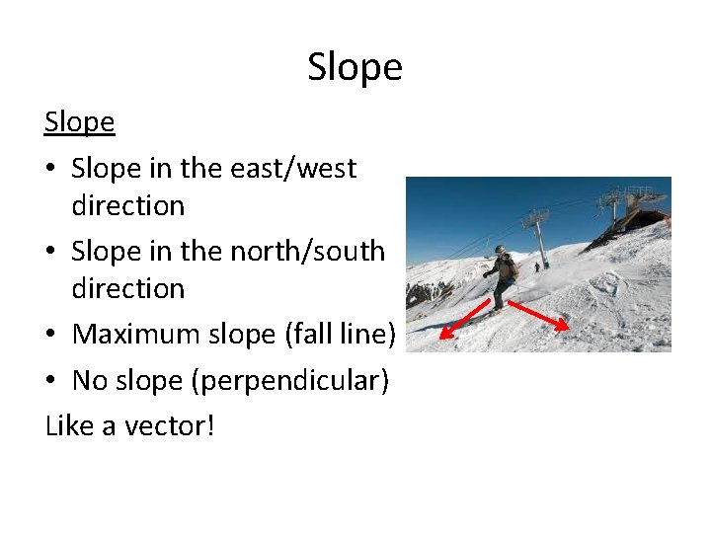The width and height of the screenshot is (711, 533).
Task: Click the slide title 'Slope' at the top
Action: tap(355, 67)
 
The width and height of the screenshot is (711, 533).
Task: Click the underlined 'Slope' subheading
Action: tap(79, 122)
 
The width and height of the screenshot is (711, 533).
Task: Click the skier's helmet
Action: tap(500, 250)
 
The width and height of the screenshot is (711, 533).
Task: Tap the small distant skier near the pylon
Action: tap(537, 266)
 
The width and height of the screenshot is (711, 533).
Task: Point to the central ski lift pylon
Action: tap(539, 237)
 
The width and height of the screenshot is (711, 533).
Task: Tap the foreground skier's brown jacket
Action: tap(506, 267)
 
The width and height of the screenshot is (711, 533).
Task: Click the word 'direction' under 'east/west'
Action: tap(127, 205)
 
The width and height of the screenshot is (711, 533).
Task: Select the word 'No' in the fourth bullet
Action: tap(90, 380)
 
